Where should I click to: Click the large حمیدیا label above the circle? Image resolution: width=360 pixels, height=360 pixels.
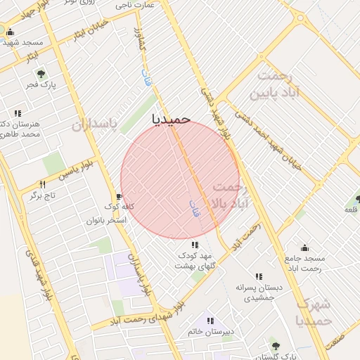[172, 119]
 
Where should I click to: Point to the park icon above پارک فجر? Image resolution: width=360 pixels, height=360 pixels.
[41, 73]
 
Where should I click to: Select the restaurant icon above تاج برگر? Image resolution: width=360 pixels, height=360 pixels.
[42, 184]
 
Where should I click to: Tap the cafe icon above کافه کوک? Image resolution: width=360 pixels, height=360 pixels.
[118, 196]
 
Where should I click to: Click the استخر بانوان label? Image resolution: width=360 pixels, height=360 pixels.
[106, 221]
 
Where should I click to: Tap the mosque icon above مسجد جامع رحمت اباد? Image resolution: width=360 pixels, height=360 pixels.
[304, 247]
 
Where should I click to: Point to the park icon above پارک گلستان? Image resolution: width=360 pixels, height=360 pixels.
[275, 346]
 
